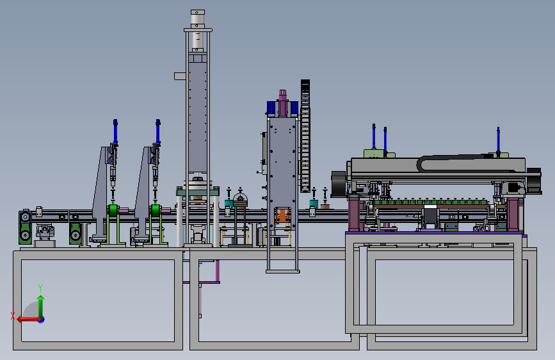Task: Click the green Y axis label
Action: click(40, 288)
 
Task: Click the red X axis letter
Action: click(13, 316)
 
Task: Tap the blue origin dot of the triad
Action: click(42, 320)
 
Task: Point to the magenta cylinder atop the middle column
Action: click(282, 103)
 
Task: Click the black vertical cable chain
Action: click(305, 136)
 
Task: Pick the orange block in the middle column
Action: click(282, 215)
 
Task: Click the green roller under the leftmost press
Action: click(113, 211)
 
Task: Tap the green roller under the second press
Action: click(156, 211)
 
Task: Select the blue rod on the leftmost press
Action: click(115, 131)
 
